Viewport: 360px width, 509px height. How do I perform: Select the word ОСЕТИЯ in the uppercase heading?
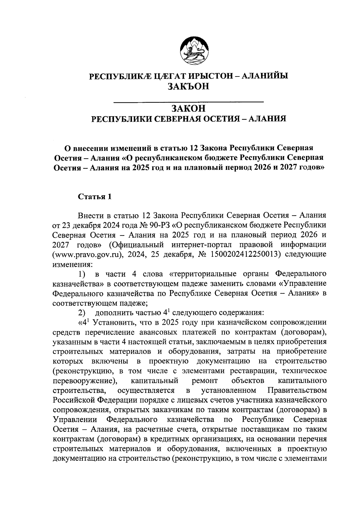point(219,119)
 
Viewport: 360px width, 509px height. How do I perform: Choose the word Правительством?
point(296,391)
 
